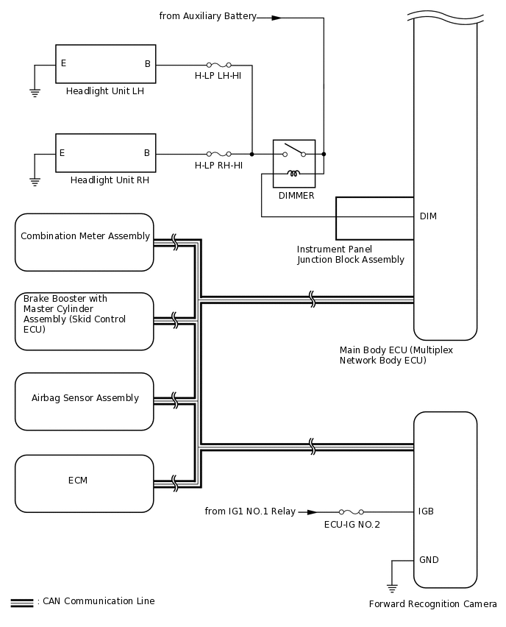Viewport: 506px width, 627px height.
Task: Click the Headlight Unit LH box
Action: click(x=105, y=64)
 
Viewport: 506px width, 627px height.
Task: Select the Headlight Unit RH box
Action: click(x=105, y=153)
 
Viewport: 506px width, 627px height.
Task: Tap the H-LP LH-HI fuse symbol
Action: click(x=218, y=65)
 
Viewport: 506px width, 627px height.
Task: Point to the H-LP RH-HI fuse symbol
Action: click(x=218, y=155)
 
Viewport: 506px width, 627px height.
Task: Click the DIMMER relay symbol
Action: click(x=294, y=163)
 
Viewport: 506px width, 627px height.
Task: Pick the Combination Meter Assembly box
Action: click(x=85, y=242)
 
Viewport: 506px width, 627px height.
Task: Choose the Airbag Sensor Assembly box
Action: click(x=85, y=402)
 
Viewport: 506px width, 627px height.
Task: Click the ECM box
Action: click(x=85, y=483)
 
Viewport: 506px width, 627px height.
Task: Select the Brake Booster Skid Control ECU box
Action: click(x=85, y=322)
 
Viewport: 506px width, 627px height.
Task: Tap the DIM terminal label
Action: click(x=428, y=216)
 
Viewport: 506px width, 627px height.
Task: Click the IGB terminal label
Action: click(x=427, y=511)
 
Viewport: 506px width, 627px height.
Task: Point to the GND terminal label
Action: click(x=428, y=560)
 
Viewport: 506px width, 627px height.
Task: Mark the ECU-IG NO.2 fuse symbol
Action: click(x=352, y=511)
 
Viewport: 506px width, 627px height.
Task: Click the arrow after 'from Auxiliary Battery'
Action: click(x=277, y=18)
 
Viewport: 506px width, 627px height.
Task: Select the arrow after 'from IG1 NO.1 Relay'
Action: click(x=313, y=511)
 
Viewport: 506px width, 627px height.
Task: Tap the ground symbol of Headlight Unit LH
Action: click(x=35, y=92)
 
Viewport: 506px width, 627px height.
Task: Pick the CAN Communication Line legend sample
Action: click(x=22, y=602)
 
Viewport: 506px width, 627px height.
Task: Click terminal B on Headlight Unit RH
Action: click(x=147, y=153)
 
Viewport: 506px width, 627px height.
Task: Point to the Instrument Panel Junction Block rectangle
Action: click(x=374, y=219)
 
